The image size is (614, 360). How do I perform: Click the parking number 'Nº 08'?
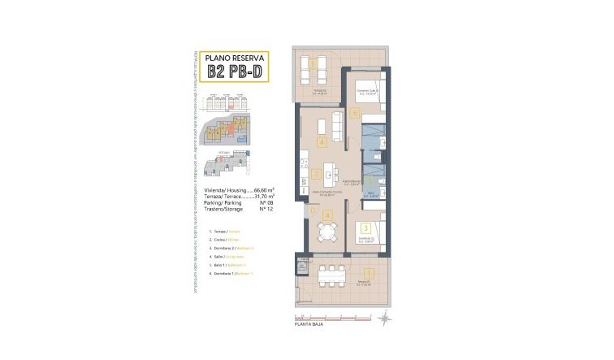coord(264,203)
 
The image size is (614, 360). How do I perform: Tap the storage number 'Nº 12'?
coord(264,210)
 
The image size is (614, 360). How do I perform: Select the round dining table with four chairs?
coord(326,232)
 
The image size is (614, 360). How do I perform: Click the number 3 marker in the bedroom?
coord(366,228)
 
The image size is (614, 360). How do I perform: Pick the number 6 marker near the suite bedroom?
coord(357,114)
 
